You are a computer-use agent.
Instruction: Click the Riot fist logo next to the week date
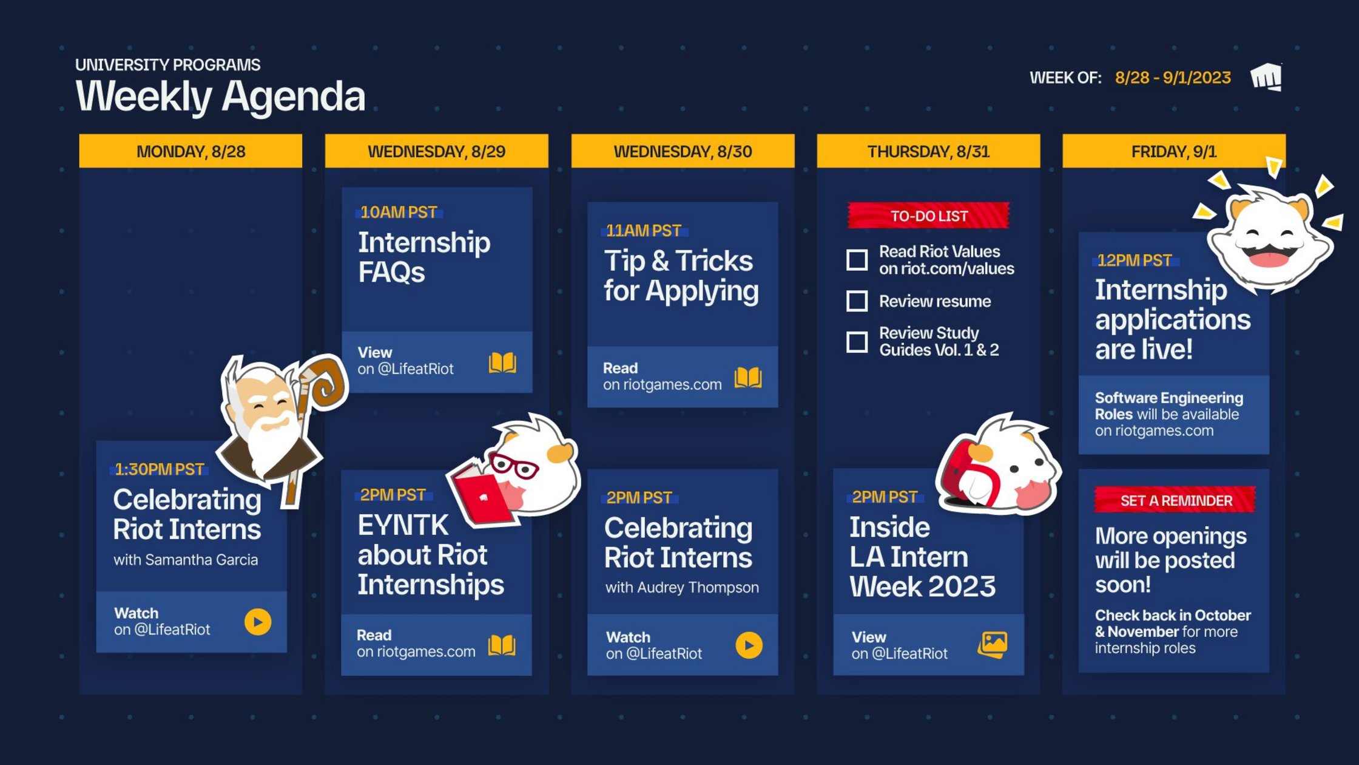tap(1266, 78)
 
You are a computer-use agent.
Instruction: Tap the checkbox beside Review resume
tap(857, 301)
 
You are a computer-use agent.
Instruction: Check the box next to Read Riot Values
tap(857, 260)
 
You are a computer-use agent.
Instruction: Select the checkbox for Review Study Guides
tap(857, 342)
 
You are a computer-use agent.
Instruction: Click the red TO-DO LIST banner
tap(928, 216)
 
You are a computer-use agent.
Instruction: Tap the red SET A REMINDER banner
tap(1175, 500)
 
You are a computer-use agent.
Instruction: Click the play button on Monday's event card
tap(258, 622)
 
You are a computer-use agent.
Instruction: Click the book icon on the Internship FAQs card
tap(502, 362)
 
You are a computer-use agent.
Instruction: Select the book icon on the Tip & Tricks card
tap(747, 377)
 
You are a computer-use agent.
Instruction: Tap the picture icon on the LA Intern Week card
tap(993, 645)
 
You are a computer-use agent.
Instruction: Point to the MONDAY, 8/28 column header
tap(191, 151)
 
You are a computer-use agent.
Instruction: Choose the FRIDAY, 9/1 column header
tap(1173, 151)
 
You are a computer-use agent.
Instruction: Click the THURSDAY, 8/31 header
tap(928, 151)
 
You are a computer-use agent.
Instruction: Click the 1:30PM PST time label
tap(160, 469)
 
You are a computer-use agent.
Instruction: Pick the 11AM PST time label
tap(644, 231)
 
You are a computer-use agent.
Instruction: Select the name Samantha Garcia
tap(201, 559)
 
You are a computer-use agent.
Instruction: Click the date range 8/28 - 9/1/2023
tap(1173, 78)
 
